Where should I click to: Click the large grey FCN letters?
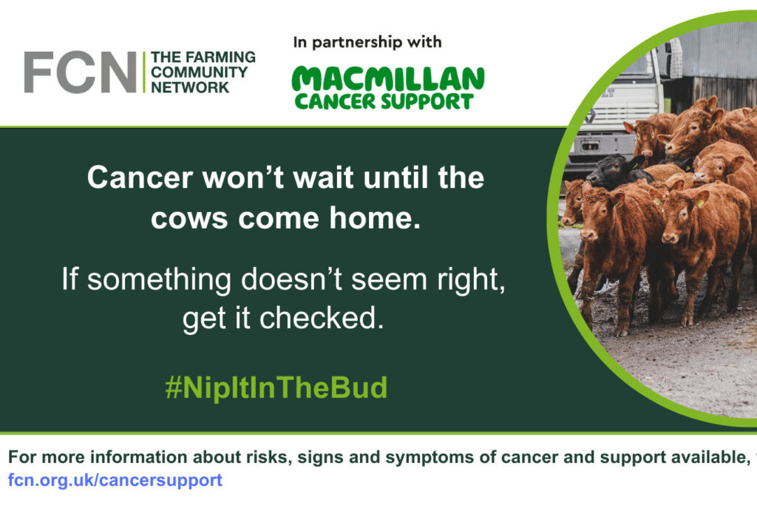coord(80,72)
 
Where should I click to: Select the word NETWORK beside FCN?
coord(190,87)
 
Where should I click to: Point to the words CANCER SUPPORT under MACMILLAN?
coord(384,101)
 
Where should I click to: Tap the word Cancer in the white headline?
coord(140,177)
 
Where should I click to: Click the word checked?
coord(322,318)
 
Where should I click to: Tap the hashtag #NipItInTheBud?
coord(276,387)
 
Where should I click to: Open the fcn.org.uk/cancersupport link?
coord(115,480)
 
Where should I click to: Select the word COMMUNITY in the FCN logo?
coord(199,72)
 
